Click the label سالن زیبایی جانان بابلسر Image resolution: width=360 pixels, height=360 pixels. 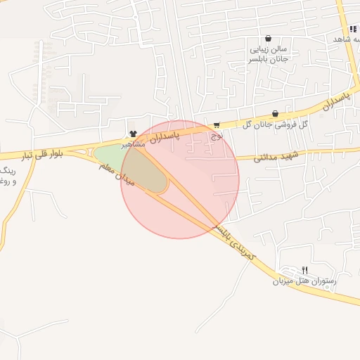(x=273, y=55)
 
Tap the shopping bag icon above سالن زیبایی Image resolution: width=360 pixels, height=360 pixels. (x=268, y=39)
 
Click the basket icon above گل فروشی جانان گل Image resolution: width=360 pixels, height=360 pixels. (x=275, y=113)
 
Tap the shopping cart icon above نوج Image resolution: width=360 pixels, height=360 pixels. (x=217, y=125)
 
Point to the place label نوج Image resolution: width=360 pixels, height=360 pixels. (x=214, y=135)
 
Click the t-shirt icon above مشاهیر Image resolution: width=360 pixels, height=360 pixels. (x=133, y=134)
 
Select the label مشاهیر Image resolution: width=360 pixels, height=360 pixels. (x=134, y=143)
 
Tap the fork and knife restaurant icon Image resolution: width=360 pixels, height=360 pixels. (x=304, y=270)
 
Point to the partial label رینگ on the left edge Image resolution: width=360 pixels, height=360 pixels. (x=6, y=171)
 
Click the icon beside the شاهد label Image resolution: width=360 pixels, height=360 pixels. (x=352, y=29)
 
